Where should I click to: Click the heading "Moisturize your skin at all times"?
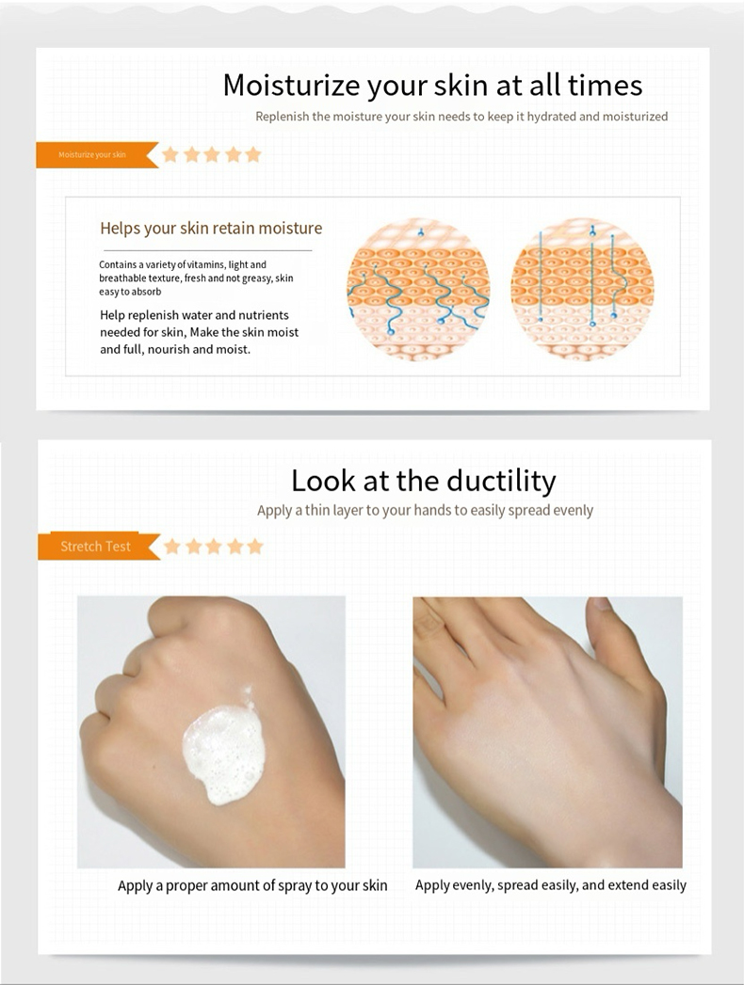point(432,86)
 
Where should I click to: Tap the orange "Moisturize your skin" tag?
point(92,154)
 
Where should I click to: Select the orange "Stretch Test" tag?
point(95,547)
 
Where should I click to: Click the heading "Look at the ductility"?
point(423,481)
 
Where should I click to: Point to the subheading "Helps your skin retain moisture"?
point(211,228)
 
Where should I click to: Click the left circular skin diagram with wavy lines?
point(418,289)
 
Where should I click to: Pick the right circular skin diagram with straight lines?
point(582,289)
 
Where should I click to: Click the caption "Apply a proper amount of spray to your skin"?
point(252,885)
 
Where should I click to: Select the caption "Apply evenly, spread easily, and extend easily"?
point(551,885)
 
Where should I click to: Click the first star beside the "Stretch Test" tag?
point(172,547)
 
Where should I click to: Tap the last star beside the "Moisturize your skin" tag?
point(253,154)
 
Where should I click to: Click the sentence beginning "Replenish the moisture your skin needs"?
point(461,117)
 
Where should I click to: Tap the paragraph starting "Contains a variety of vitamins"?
point(196,278)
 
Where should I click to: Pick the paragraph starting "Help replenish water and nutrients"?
point(199,332)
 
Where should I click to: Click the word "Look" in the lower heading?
point(323,481)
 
